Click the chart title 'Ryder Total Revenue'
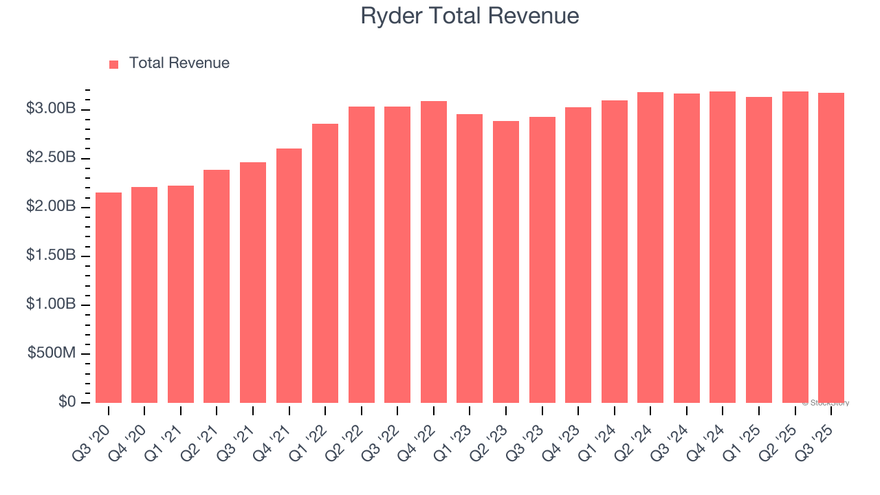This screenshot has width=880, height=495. [470, 16]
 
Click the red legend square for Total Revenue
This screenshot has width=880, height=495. [114, 64]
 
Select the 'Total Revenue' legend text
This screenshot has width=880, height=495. [179, 63]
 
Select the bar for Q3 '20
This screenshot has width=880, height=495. [109, 298]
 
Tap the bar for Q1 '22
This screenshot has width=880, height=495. [325, 263]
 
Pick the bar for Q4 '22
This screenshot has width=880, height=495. [434, 252]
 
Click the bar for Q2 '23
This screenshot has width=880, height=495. [506, 262]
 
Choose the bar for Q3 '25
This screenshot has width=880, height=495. [831, 247]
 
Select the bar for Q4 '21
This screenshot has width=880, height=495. [289, 276]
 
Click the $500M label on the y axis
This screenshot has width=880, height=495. [52, 353]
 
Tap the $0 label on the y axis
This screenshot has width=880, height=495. [67, 402]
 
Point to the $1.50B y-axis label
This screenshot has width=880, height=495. [52, 256]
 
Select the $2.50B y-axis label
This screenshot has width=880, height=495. [52, 158]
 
